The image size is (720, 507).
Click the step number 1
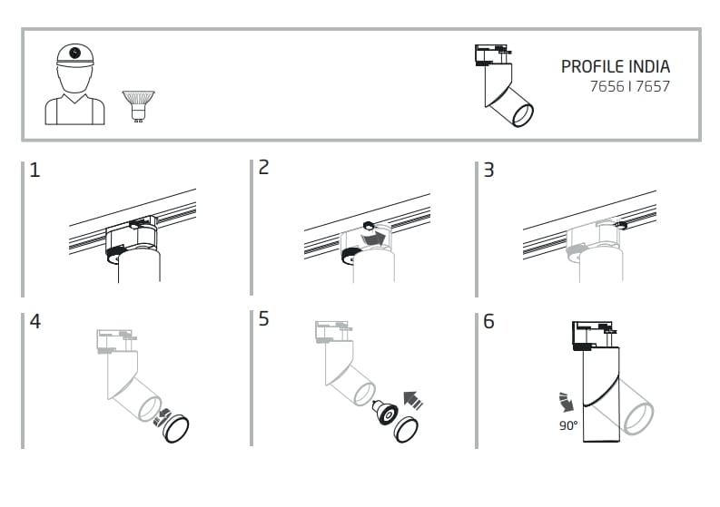[35, 170]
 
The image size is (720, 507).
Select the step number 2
[264, 168]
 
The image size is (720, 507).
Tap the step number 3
[488, 170]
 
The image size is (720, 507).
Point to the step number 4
[35, 322]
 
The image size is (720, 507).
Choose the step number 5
[264, 319]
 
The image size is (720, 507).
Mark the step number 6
[488, 322]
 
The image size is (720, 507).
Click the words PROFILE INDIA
[615, 67]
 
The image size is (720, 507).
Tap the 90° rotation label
[568, 425]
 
